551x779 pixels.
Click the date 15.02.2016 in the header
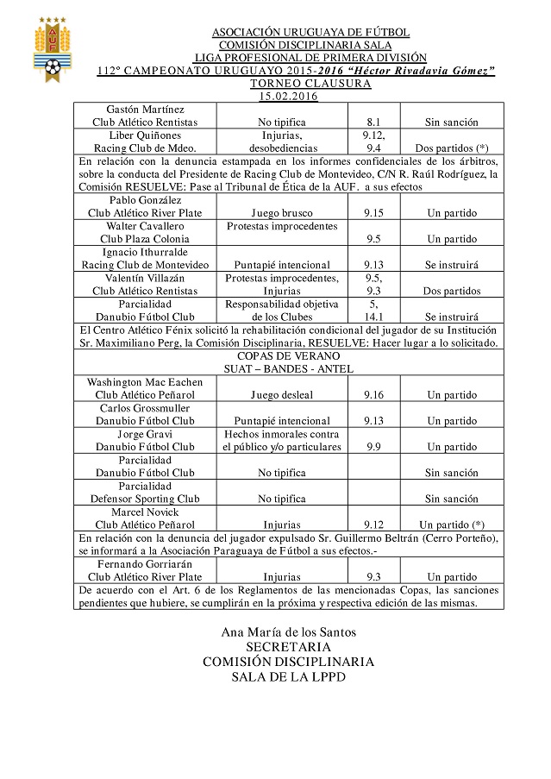pos(288,97)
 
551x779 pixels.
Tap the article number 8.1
pos(373,123)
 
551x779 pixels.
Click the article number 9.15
pos(373,212)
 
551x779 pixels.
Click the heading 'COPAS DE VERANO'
pos(288,356)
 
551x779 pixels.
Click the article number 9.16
pos(373,394)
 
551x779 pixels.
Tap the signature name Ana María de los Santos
pos(288,631)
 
